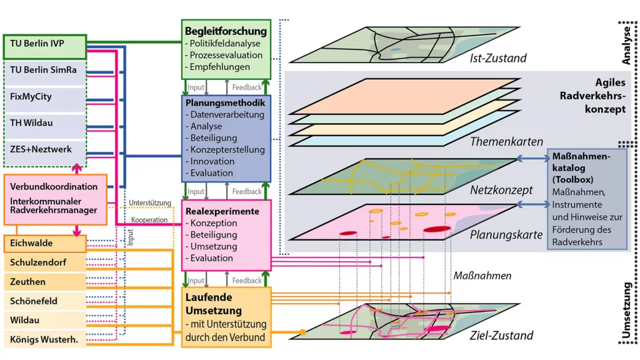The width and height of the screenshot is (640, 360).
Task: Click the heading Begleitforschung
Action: pyautogui.click(x=226, y=31)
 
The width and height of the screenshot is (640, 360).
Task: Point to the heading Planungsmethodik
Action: pyautogui.click(x=226, y=102)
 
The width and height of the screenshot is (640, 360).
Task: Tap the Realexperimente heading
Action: pyautogui.click(x=222, y=211)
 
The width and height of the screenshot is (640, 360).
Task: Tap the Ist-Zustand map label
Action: pyautogui.click(x=497, y=58)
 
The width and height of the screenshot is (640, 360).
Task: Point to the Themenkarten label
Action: pyautogui.click(x=506, y=142)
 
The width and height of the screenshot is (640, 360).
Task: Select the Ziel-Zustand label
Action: pyautogui.click(x=501, y=335)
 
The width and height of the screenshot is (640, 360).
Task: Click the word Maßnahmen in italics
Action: pyautogui.click(x=482, y=275)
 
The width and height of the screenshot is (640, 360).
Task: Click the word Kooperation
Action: pyautogui.click(x=149, y=220)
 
